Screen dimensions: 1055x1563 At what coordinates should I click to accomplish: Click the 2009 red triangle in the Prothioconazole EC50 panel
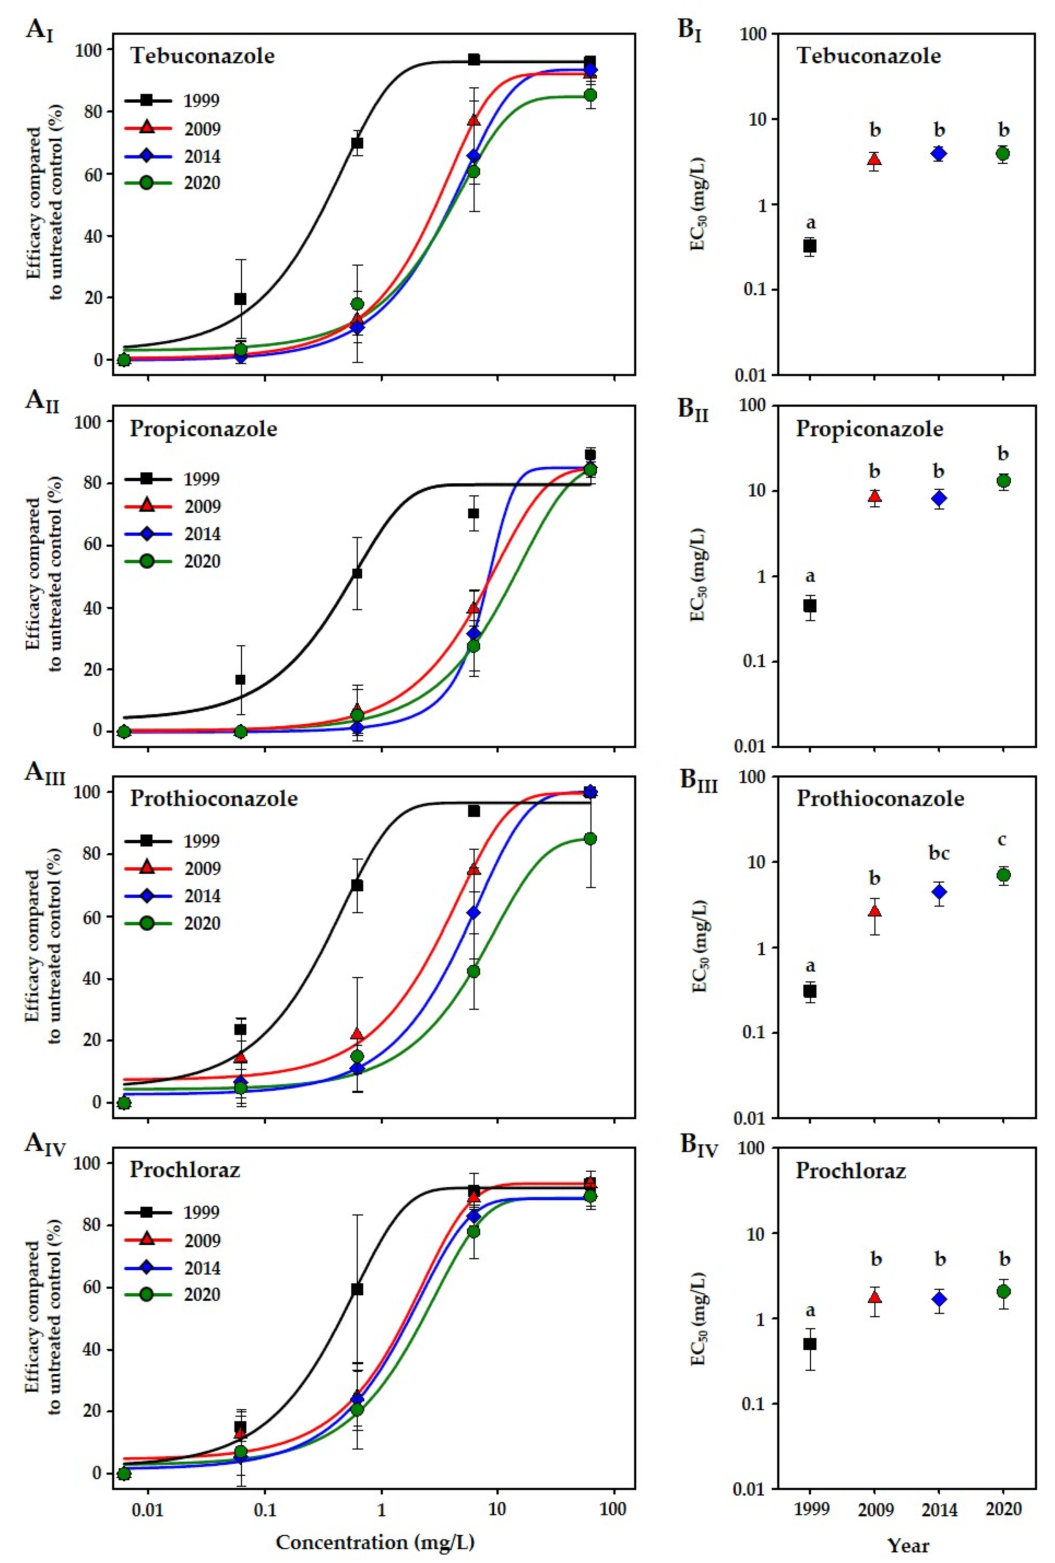coord(874,911)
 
